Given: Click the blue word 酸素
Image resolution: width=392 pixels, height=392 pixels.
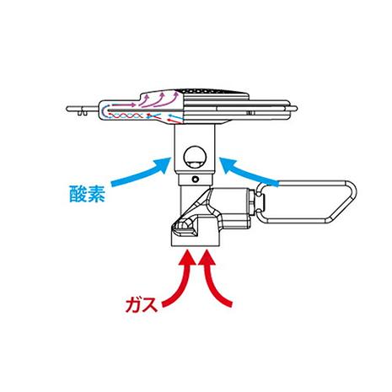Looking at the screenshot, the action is coord(88,194).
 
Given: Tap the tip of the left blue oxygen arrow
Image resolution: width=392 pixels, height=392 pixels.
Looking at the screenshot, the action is coord(170,158).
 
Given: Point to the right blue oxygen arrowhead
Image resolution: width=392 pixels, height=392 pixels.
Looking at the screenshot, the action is coord(227,164).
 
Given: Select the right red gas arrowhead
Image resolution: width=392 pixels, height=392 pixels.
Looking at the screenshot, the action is coord(207,258).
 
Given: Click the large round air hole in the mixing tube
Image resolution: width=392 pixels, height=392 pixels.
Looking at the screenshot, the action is coord(195,158).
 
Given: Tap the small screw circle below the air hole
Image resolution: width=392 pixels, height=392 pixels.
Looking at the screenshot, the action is coord(196,179).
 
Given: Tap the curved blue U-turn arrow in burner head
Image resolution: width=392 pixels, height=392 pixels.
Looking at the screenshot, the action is coord(105,111).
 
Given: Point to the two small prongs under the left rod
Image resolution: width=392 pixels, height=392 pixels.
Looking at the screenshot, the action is coord(83,113).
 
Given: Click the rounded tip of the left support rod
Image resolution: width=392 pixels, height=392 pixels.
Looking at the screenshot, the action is coord(67,109).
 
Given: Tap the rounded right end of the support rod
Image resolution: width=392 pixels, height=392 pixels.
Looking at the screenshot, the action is coord(296,109).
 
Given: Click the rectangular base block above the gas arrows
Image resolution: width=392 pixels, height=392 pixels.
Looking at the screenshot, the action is coord(195,240).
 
